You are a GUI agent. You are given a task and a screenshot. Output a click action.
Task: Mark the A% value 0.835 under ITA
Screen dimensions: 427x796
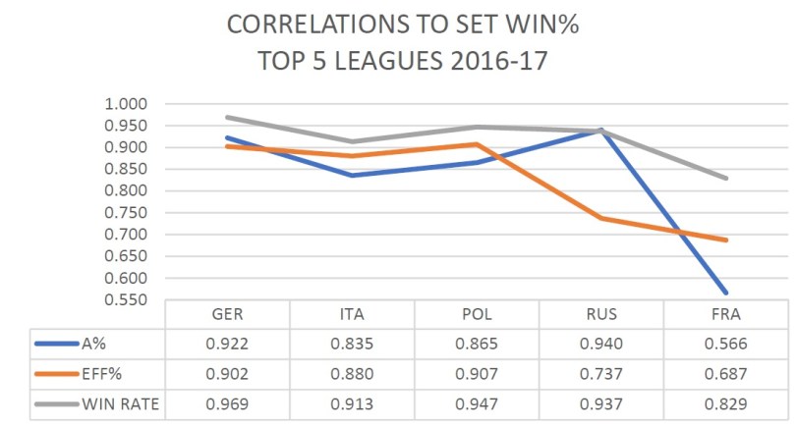[x=352, y=344]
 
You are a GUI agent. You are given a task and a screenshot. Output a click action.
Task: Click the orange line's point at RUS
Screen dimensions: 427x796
[x=602, y=218]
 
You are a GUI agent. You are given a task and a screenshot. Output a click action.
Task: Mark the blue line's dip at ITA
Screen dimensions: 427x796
[x=352, y=176]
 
